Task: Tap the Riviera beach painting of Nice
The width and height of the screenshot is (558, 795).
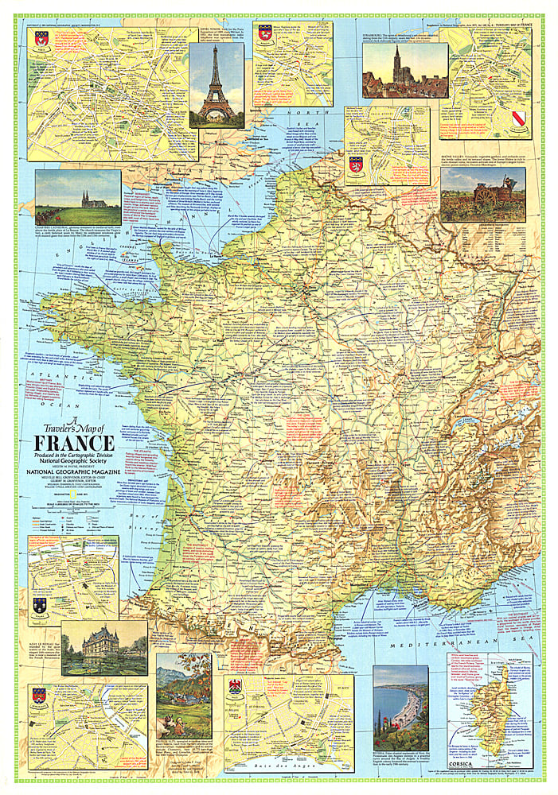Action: (400, 708)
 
